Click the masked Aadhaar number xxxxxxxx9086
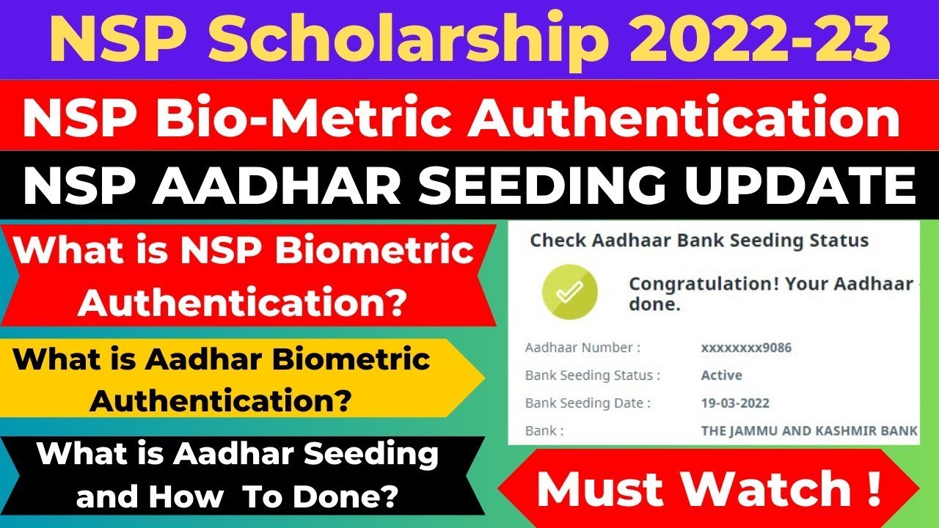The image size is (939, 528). tap(746, 348)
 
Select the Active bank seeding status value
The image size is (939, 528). tap(722, 375)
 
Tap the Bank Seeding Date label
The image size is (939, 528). tap(588, 403)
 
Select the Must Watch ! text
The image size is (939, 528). tap(709, 489)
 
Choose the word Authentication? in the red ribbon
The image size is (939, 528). tap(243, 302)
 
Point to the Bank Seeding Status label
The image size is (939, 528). tap(593, 375)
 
